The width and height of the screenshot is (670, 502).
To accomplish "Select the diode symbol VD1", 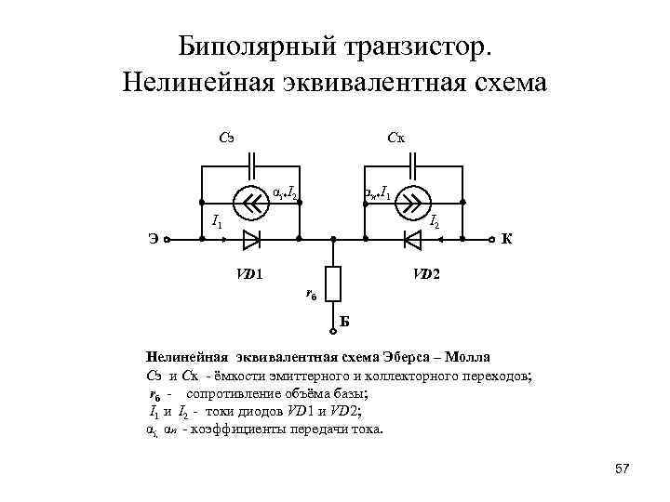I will pyautogui.click(x=250, y=240).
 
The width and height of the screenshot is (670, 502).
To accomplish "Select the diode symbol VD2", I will pyautogui.click(x=413, y=240).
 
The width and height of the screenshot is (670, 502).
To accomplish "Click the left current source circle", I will pyautogui.click(x=250, y=200).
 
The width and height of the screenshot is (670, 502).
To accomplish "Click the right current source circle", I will pyautogui.click(x=414, y=200).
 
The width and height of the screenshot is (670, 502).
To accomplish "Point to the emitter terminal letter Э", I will pyautogui.click(x=152, y=240).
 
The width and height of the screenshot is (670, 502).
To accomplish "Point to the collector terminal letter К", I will pyautogui.click(x=507, y=240).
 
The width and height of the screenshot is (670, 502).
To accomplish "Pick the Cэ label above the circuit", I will pyautogui.click(x=225, y=139).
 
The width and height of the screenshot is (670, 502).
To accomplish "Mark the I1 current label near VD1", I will pyautogui.click(x=216, y=220).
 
